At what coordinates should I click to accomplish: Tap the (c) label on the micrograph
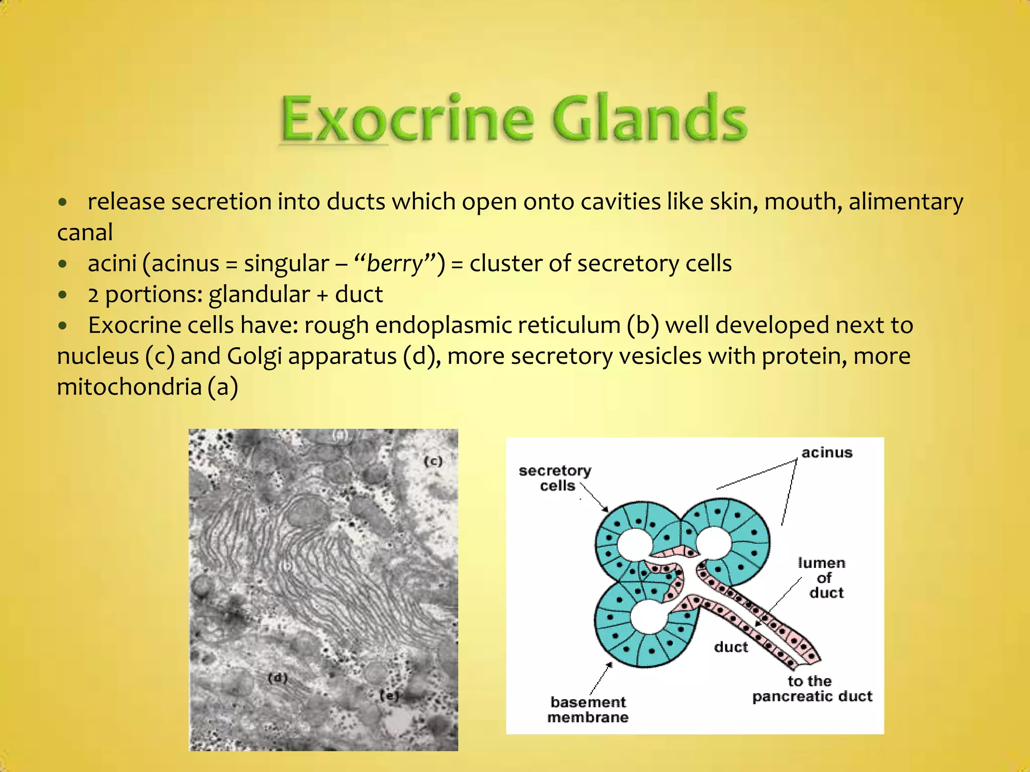pos(433,461)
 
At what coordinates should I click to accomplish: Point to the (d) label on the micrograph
pos(278,678)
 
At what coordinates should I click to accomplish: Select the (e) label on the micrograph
pos(389,696)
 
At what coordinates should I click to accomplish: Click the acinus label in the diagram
pos(827,452)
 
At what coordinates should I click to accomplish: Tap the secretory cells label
pos(555,478)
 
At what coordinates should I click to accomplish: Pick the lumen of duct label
pos(822,577)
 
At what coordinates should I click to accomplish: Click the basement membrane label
pos(588,709)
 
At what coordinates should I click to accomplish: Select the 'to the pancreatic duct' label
pos(812,689)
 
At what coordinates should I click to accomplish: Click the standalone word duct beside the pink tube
pos(731,647)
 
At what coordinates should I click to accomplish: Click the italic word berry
pos(395,263)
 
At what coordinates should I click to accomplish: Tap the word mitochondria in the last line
pos(129,387)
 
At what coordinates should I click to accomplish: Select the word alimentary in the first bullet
pos(906,202)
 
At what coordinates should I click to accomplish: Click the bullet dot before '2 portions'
pos(62,295)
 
